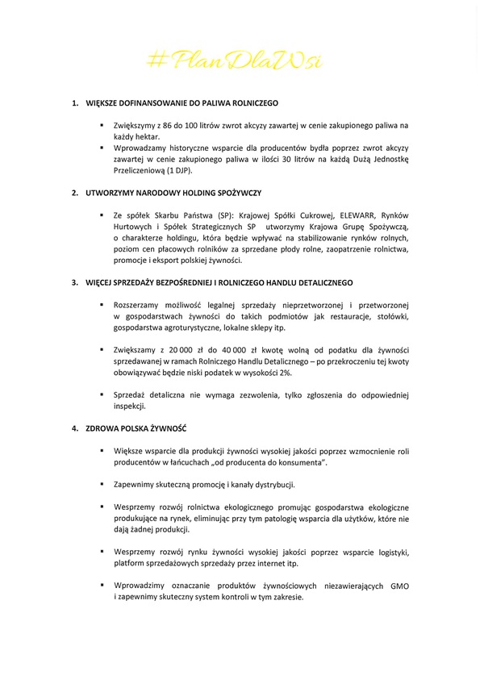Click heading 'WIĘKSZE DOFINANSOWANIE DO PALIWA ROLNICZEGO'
(181, 104)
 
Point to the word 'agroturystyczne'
(181, 327)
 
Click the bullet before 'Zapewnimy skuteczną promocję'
(102, 484)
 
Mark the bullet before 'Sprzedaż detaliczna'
(102, 394)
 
